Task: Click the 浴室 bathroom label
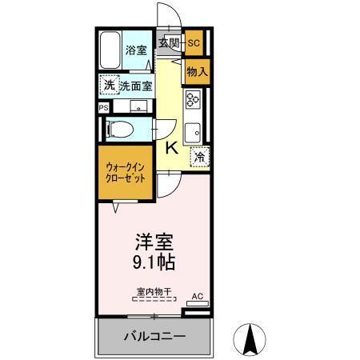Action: tap(136, 50)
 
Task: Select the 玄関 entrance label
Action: tap(168, 43)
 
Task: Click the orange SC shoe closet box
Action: tap(193, 43)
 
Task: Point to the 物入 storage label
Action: tap(197, 71)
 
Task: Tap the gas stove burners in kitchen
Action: tap(193, 99)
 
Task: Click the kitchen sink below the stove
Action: tap(193, 130)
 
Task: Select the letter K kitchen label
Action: tap(172, 148)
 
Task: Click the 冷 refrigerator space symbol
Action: tap(198, 157)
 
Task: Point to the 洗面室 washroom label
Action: tap(136, 86)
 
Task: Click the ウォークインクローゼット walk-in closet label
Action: tap(126, 173)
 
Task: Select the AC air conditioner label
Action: tap(198, 297)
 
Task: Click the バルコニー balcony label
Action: tap(154, 336)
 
